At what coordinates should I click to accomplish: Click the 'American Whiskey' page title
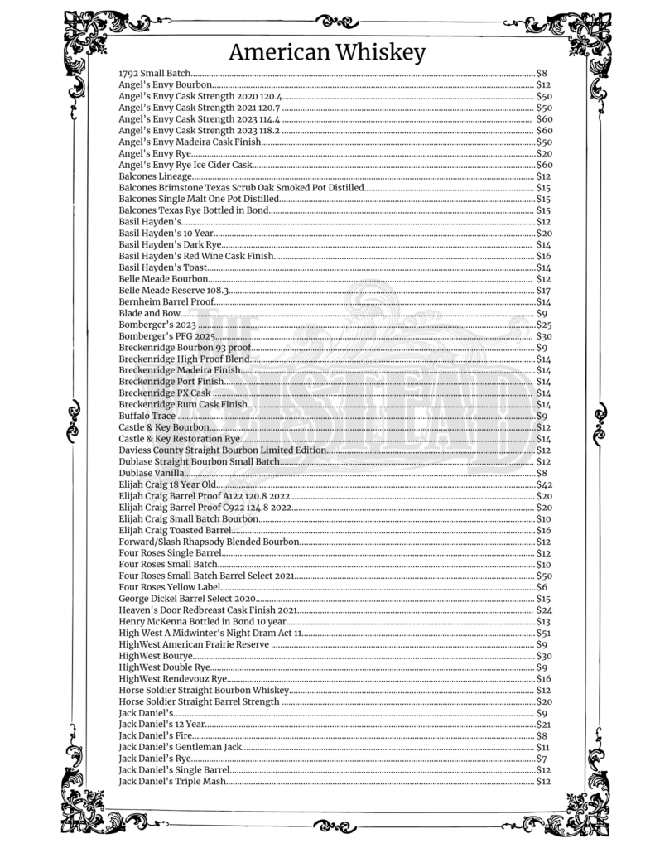326,53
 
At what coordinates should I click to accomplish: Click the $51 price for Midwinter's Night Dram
544,633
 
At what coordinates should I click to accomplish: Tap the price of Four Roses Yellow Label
542,587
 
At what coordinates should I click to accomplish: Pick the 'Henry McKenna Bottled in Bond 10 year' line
202,622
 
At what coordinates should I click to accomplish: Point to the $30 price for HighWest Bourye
544,656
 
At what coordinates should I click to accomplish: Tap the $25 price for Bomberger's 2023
544,325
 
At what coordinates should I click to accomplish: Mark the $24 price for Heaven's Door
544,610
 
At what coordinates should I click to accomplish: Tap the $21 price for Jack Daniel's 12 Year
544,725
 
